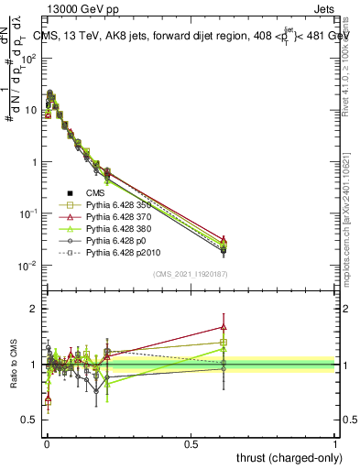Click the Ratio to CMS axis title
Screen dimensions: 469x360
(16, 365)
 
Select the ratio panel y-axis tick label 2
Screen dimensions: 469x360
(35, 309)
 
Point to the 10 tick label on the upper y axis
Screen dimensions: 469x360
(31, 110)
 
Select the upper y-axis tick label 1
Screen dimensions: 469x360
(35, 162)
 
